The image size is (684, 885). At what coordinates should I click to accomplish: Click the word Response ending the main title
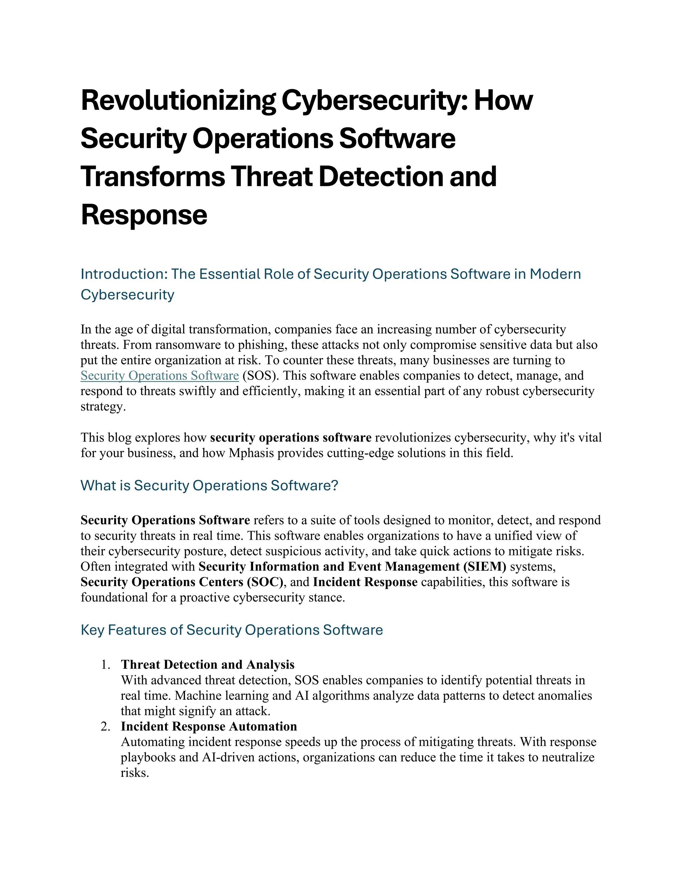click(144, 215)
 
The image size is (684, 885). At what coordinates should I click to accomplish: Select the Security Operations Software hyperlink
click(160, 376)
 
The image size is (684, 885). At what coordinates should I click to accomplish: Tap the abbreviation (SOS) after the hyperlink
click(261, 376)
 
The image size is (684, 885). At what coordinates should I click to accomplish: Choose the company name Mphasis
click(251, 453)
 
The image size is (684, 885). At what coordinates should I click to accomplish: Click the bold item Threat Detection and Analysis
click(207, 665)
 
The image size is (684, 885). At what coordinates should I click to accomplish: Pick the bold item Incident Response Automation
click(209, 726)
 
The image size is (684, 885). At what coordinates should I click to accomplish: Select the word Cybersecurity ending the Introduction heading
click(127, 295)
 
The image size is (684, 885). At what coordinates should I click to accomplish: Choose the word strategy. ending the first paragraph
click(103, 406)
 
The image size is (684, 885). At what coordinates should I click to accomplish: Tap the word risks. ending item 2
click(135, 772)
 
